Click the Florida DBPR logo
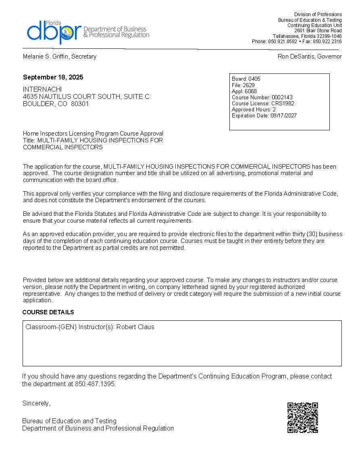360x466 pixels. point(87,31)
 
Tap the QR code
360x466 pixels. point(303,418)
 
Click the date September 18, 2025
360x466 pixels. point(53,77)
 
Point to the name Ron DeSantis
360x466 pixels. point(295,56)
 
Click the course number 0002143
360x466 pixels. point(282,97)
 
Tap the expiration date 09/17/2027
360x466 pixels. point(283,115)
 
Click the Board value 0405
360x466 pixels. point(254,79)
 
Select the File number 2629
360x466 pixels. point(249,85)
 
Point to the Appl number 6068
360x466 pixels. point(251,91)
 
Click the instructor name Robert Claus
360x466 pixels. point(135,327)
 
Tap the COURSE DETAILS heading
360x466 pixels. point(48,312)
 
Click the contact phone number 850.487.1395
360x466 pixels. point(95,384)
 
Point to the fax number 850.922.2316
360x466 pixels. point(327,42)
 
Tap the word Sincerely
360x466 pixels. point(36,403)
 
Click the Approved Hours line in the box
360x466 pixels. point(254,109)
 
